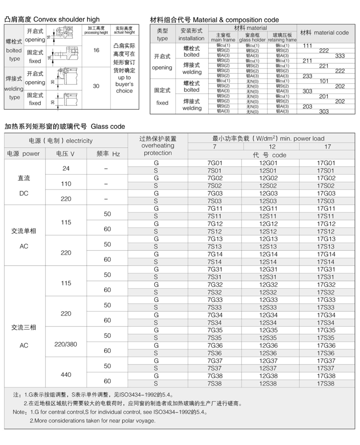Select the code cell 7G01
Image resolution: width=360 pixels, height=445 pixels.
tap(215, 163)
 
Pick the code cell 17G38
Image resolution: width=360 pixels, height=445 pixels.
tap(326, 376)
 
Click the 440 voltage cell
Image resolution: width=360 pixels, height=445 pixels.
tap(66, 373)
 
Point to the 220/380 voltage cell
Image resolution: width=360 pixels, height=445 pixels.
tap(66, 343)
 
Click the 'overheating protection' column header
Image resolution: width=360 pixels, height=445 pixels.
tap(157, 146)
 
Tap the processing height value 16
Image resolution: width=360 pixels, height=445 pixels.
tap(96, 50)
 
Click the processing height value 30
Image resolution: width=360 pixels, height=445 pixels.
tap(96, 86)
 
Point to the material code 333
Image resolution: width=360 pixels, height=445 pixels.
tap(340, 56)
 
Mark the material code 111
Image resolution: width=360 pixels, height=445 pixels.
tap(308, 45)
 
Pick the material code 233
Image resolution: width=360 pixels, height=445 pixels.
tap(308, 76)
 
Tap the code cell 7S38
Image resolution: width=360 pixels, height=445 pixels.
tap(215, 384)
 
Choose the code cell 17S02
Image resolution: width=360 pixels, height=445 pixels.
tap(326, 186)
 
